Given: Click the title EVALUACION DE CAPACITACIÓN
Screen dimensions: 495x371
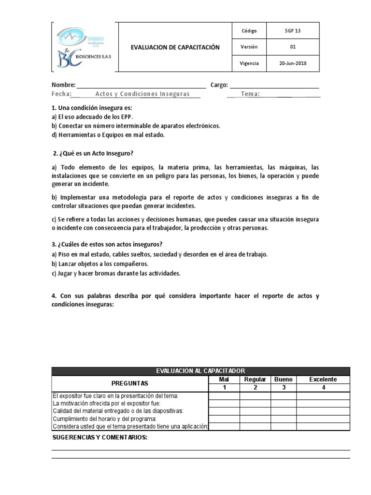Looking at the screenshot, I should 175,47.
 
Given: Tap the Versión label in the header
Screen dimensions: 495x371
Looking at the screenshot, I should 249,47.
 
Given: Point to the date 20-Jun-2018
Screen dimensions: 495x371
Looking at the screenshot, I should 293,63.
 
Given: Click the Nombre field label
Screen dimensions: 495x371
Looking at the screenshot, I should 63,85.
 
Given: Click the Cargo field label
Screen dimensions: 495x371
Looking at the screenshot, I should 219,85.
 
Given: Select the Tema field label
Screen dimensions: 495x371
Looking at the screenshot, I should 250,94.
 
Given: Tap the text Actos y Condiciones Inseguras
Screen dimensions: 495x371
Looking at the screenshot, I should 142,94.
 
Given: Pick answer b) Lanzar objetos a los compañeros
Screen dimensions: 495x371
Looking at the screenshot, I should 100,264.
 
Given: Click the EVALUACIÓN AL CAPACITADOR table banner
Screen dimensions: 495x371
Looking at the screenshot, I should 200,371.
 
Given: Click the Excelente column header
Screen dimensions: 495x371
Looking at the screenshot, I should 323,379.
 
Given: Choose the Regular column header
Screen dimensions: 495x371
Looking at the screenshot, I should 255,379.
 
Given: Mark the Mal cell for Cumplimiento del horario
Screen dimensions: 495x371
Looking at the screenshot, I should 224,418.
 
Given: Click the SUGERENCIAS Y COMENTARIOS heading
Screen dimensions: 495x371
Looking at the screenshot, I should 100,437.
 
